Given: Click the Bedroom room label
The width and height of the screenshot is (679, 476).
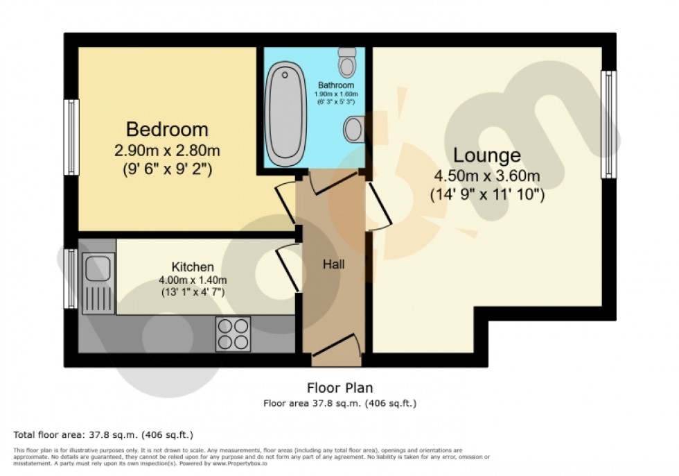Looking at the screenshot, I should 167,129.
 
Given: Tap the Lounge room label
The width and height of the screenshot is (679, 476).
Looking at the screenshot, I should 487,155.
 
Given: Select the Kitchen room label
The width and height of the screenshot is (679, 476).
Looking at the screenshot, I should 193,267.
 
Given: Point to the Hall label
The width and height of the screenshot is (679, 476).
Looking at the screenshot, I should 333,264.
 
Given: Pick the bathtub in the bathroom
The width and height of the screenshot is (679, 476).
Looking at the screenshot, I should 285,114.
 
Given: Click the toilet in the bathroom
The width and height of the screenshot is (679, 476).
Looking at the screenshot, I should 348,63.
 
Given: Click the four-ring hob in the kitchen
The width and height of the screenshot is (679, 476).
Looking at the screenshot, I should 233,333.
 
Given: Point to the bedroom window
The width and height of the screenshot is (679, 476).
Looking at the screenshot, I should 71,137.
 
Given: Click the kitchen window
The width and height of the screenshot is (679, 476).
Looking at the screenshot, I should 71,278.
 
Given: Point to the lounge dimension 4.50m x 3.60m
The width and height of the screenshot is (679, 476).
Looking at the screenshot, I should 487,176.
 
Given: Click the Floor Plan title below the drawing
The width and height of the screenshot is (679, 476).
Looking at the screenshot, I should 339,388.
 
